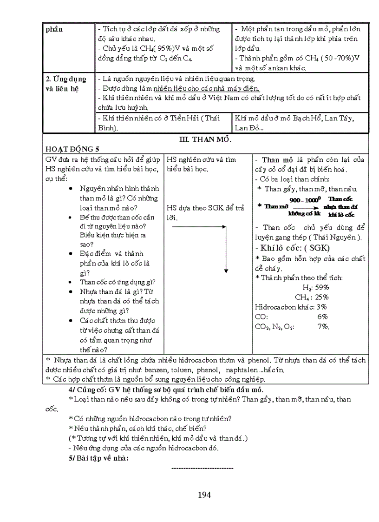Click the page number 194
pyautogui.click(x=204, y=495)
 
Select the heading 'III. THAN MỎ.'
pyautogui.click(x=205, y=139)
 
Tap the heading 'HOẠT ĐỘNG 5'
pyautogui.click(x=72, y=149)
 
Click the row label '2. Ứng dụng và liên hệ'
pyautogui.click(x=65, y=84)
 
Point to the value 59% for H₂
pyautogui.click(x=322, y=287)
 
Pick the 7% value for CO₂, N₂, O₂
pyautogui.click(x=323, y=326)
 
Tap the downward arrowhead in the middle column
pyautogui.click(x=225, y=271)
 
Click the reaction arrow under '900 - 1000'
pyautogui.click(x=305, y=207)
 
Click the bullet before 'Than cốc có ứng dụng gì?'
pyautogui.click(x=70, y=282)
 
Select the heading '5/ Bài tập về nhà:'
pyautogui.click(x=98, y=458)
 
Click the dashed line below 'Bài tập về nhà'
pyautogui.click(x=203, y=468)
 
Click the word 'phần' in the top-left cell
pyautogui.click(x=55, y=29)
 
